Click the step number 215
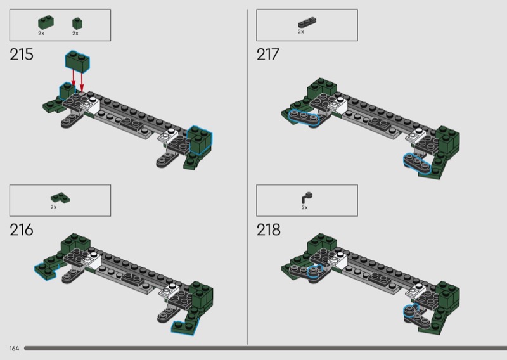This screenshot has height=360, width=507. click(x=22, y=55)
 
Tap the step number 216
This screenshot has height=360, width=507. click(x=22, y=229)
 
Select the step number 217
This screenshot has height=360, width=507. click(x=267, y=55)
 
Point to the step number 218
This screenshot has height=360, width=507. click(x=268, y=229)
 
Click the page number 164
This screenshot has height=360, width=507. click(x=14, y=349)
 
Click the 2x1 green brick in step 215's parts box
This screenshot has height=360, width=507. click(x=46, y=22)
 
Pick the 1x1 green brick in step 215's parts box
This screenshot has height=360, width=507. click(x=77, y=23)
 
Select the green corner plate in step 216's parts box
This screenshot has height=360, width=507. click(x=60, y=198)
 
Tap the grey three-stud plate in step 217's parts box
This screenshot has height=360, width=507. click(x=307, y=22)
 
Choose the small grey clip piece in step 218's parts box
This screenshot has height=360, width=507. click(x=307, y=198)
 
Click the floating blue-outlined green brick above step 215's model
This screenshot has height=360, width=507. click(x=77, y=61)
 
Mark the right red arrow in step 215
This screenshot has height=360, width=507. click(x=82, y=82)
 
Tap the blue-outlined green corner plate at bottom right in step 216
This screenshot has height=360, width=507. click(x=184, y=327)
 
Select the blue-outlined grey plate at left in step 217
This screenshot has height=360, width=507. click(x=304, y=117)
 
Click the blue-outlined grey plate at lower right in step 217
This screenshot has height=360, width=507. click(x=417, y=164)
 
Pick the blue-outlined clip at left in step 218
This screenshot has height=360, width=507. click(x=315, y=272)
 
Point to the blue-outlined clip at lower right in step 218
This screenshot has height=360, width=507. click(x=411, y=311)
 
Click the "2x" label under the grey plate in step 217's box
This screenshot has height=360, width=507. click(x=300, y=32)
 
